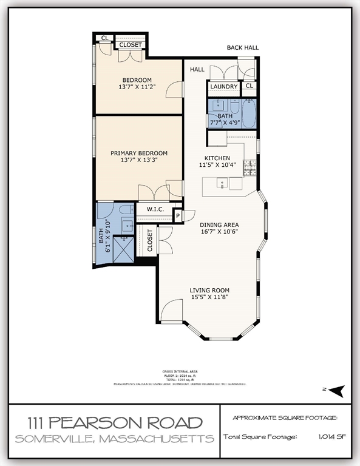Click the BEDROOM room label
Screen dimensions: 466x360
point(137,80)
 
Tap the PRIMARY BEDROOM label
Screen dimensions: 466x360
point(139,154)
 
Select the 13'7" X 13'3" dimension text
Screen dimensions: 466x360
point(139,161)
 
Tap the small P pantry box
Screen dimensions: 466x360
point(178,215)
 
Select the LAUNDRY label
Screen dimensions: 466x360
point(224,87)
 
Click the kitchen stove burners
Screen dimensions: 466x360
point(249,166)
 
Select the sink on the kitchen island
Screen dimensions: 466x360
point(223,183)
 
